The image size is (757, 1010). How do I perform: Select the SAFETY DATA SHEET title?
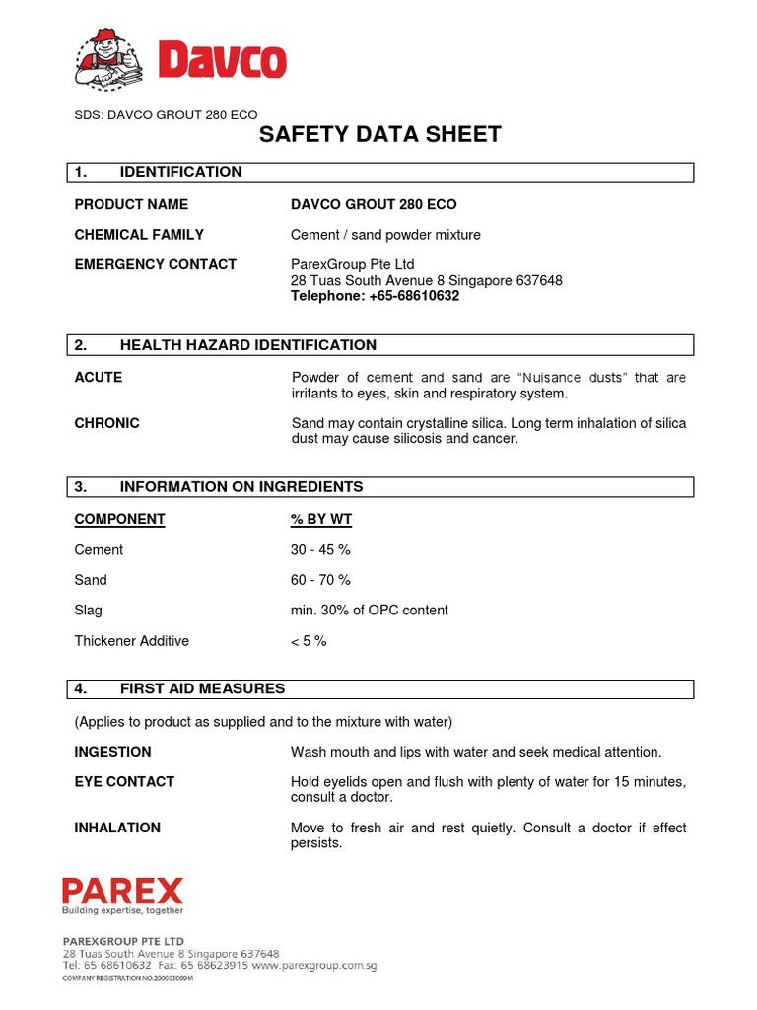tap(379, 134)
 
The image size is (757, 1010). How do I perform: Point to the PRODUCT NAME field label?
tap(131, 204)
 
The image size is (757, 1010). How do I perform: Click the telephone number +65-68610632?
tap(375, 296)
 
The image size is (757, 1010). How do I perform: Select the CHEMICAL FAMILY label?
tap(139, 235)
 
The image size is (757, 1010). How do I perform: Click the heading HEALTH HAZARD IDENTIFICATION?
tap(247, 345)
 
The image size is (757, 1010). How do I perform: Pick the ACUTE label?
tap(99, 378)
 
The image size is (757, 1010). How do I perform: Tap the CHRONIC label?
tap(106, 423)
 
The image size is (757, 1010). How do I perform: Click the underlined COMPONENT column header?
tap(119, 519)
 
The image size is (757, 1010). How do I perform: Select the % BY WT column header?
tap(321, 519)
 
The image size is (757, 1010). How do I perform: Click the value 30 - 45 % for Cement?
tap(320, 549)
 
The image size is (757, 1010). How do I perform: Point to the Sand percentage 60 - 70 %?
tap(320, 580)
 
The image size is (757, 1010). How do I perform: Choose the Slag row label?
tap(89, 611)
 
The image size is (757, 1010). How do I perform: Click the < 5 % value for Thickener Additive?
tap(309, 641)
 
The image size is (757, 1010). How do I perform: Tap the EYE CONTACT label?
tap(124, 782)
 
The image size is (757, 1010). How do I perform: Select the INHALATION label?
tap(117, 828)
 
